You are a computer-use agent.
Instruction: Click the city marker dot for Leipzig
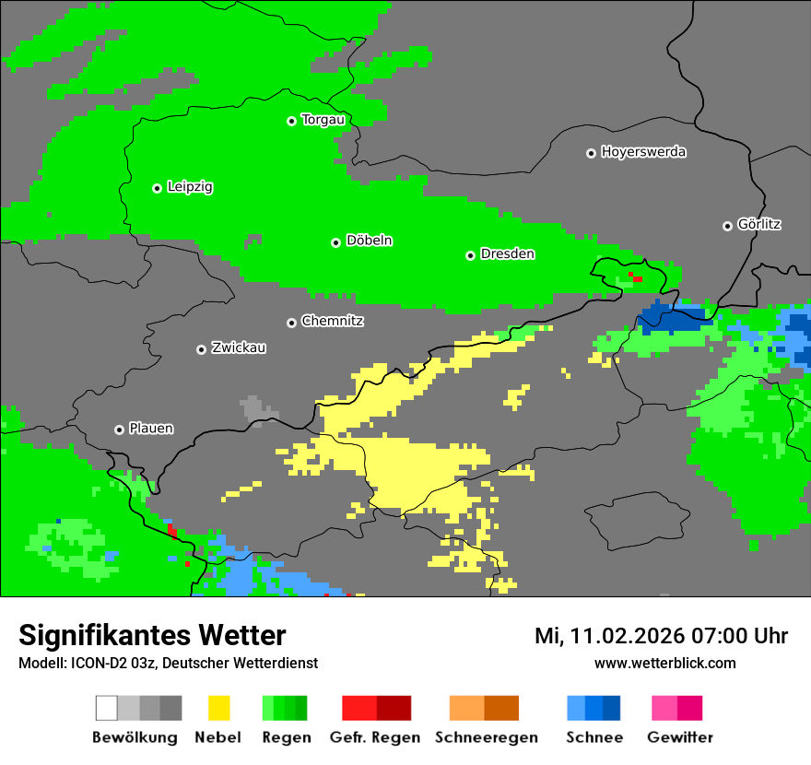point(157,188)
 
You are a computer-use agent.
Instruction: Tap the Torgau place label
point(323,120)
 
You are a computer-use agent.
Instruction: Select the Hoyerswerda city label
point(643,152)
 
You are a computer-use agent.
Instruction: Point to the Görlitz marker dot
point(727,226)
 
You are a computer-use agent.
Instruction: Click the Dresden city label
point(507,254)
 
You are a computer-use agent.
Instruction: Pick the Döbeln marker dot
point(335,242)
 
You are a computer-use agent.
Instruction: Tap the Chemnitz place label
point(332,322)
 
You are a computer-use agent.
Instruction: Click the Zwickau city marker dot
point(201,349)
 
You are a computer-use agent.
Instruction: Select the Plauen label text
point(150,430)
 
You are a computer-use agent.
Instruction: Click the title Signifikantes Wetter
point(152,635)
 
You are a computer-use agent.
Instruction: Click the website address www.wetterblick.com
point(664,663)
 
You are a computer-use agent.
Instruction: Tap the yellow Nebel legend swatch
point(218,708)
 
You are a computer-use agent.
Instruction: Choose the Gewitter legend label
point(679,737)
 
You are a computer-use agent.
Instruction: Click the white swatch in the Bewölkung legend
point(107,708)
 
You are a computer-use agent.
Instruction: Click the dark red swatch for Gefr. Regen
point(394,708)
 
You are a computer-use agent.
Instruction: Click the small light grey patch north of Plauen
point(253,406)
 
